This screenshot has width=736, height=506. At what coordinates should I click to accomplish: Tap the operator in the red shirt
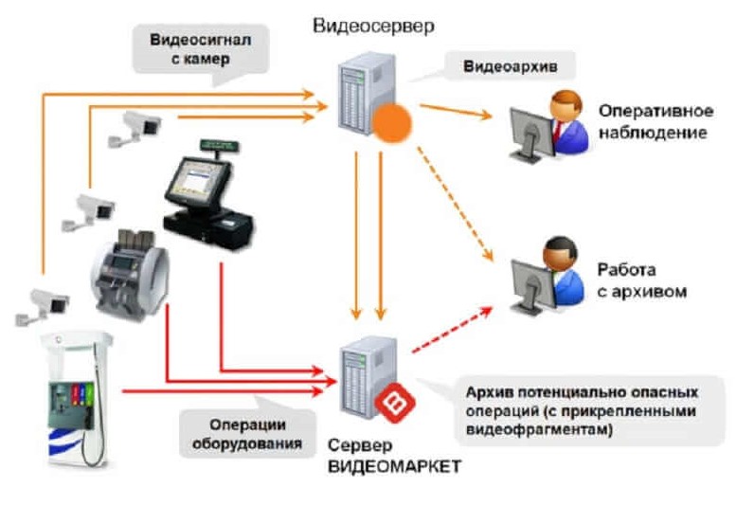(565, 118)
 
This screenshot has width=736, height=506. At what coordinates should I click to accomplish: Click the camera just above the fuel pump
(39, 301)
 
